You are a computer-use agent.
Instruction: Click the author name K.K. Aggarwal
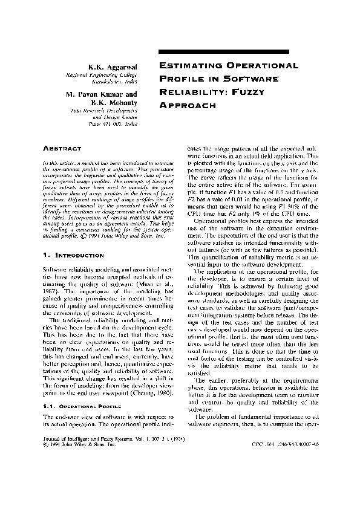[113, 66]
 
